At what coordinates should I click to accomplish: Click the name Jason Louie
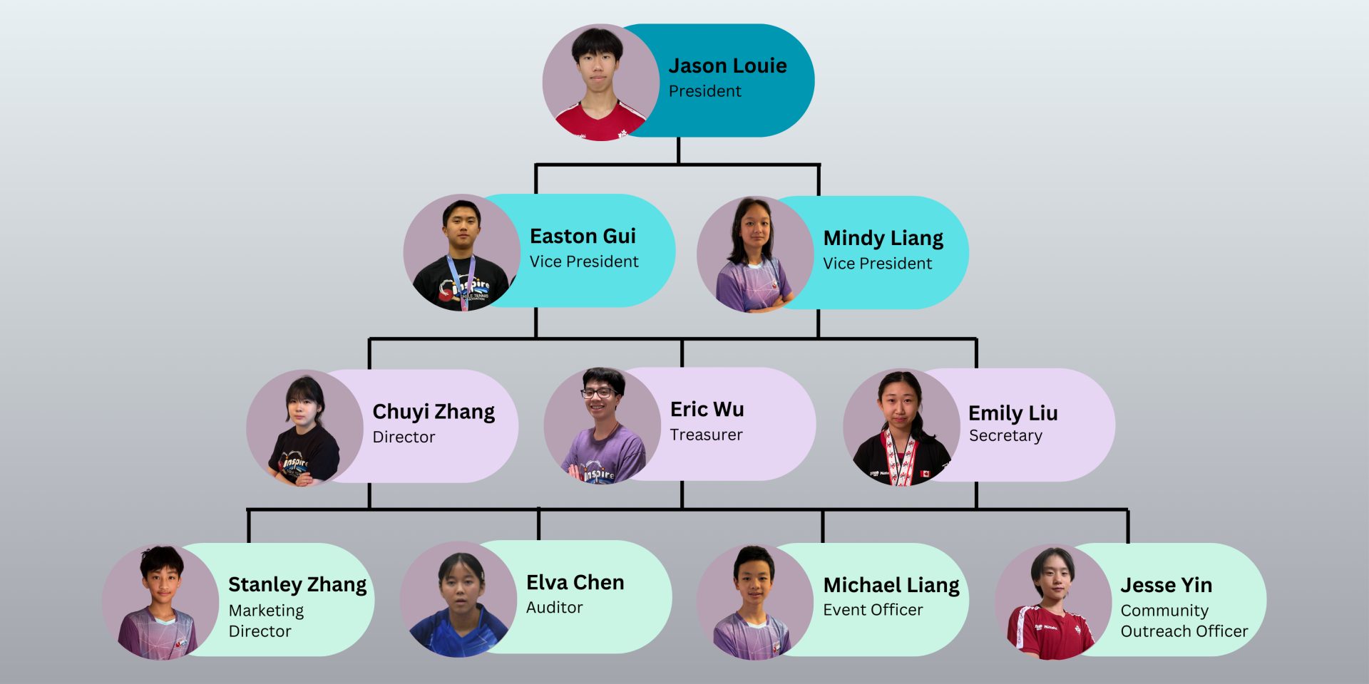(727, 66)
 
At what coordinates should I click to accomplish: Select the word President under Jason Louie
(704, 91)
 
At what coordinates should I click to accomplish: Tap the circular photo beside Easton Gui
(462, 252)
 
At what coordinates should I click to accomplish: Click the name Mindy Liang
(883, 238)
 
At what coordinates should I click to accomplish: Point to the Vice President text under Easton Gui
(583, 261)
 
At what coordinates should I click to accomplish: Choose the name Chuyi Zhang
(434, 412)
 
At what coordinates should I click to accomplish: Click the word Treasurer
(706, 435)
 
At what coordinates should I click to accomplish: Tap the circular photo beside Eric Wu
(603, 425)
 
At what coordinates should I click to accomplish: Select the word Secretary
(1005, 435)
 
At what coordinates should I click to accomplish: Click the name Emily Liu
(1012, 413)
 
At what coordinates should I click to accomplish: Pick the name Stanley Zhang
(297, 585)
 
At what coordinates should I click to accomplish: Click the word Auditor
(554, 608)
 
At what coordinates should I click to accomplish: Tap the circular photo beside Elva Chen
(458, 599)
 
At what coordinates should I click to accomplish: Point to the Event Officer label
(873, 610)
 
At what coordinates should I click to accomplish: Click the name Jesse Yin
(1166, 586)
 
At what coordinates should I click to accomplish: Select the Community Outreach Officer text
(1184, 621)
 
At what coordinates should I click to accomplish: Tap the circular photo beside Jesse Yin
(1053, 602)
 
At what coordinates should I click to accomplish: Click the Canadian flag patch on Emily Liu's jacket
(925, 474)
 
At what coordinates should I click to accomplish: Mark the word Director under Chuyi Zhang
(404, 437)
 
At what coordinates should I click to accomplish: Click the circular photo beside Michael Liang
(755, 602)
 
